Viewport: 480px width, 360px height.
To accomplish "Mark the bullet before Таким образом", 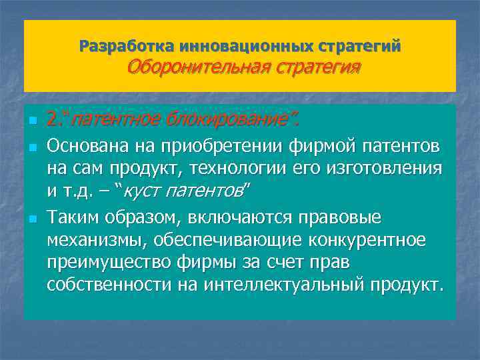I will [31, 217].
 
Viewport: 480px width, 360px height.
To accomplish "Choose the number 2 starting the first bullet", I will [53, 120].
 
